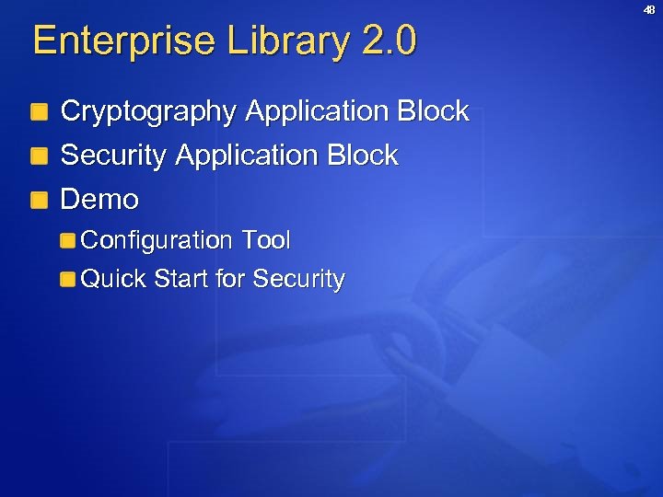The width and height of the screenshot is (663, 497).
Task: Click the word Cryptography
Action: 148,112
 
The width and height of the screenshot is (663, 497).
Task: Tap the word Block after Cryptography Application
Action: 433,112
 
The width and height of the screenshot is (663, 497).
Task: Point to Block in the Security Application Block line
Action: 362,156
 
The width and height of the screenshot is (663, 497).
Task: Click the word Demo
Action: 99,199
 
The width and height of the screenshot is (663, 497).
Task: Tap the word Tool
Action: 265,241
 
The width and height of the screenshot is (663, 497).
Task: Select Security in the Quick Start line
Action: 298,279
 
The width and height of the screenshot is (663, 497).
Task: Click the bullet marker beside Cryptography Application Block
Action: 39,114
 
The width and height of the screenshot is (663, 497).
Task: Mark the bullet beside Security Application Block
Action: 39,157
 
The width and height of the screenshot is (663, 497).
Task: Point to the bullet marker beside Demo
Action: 39,201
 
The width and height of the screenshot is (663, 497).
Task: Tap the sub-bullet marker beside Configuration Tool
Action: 68,242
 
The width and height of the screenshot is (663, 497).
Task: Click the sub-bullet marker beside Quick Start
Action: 68,281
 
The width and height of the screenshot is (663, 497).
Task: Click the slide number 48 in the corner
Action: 648,10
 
